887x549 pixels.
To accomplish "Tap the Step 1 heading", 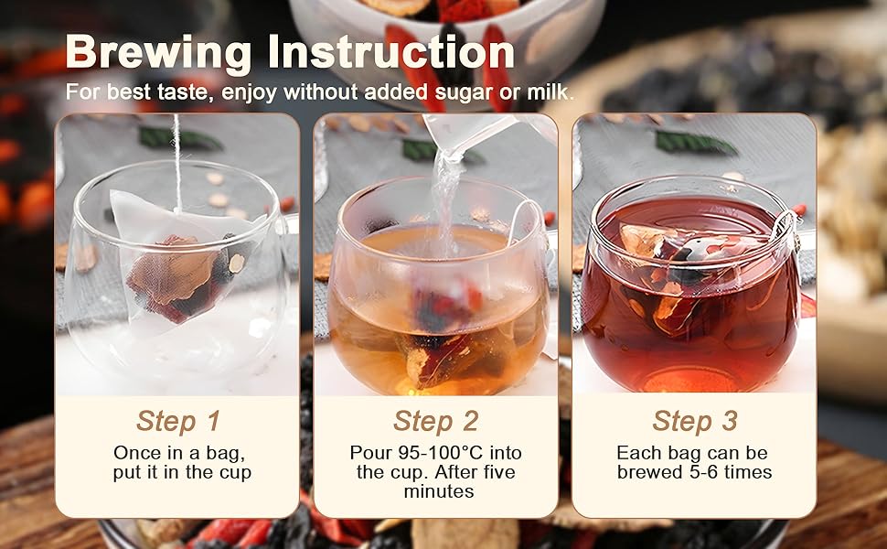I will [178, 421].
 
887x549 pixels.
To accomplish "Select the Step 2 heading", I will [436, 421].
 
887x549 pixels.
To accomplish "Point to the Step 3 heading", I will [695, 421].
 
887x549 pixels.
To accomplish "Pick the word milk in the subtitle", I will [550, 93].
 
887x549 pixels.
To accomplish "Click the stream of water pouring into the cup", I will [445, 201].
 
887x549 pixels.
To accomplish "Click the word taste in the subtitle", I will [173, 93].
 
